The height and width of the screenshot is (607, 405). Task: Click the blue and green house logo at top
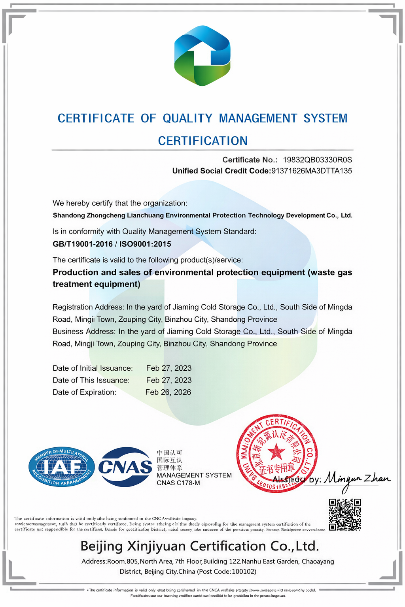(202, 56)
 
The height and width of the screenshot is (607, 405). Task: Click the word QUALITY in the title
(188, 118)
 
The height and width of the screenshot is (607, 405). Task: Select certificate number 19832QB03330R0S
(317, 160)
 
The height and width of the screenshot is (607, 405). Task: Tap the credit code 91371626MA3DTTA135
(311, 171)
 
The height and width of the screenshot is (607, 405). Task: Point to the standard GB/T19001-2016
(83, 244)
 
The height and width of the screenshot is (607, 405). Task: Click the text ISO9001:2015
(145, 244)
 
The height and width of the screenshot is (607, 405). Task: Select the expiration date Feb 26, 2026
(168, 392)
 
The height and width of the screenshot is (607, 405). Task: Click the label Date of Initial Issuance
(93, 368)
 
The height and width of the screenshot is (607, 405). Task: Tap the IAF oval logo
(62, 468)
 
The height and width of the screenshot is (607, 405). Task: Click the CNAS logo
(125, 467)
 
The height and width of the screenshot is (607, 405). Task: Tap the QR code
(345, 514)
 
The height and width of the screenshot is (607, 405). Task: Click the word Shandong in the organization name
(68, 215)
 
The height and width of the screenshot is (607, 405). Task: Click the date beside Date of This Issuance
(169, 380)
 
